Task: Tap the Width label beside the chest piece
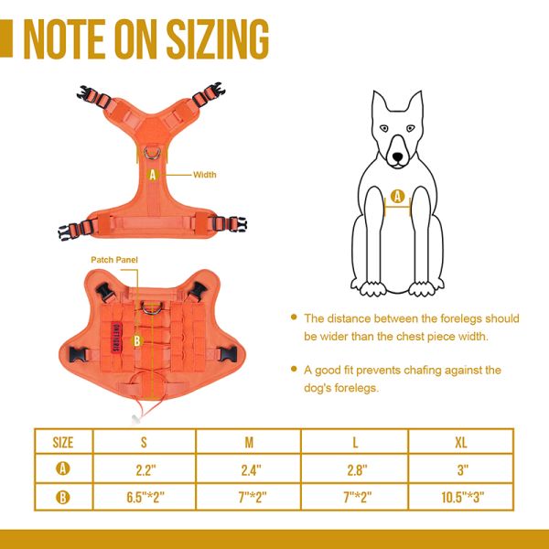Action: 205,174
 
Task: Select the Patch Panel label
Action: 113,260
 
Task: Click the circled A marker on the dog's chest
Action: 397,195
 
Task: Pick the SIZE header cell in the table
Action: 63,443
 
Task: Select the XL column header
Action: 463,443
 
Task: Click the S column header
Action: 145,443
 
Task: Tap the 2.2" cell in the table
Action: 145,470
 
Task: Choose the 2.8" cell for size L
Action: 356,470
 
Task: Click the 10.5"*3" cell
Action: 463,499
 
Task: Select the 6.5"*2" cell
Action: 145,499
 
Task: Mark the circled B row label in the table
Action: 63,499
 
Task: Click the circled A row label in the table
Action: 63,470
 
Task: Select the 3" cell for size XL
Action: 463,470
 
